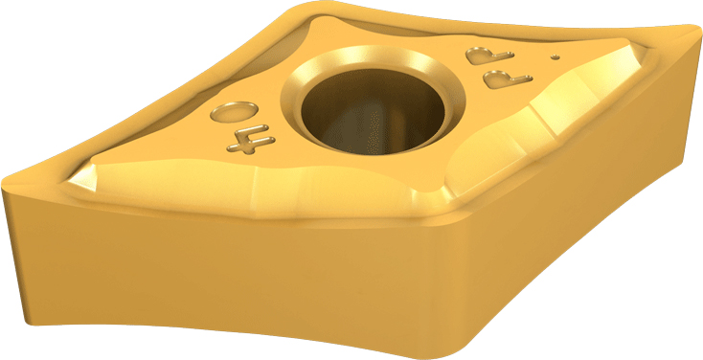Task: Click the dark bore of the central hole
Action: (x=373, y=112)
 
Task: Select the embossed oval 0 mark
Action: (x=234, y=112)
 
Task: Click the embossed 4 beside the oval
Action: (x=250, y=141)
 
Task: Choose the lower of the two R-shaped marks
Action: (x=508, y=79)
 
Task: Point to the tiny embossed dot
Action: (x=556, y=56)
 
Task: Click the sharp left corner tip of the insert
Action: (x=3, y=185)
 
